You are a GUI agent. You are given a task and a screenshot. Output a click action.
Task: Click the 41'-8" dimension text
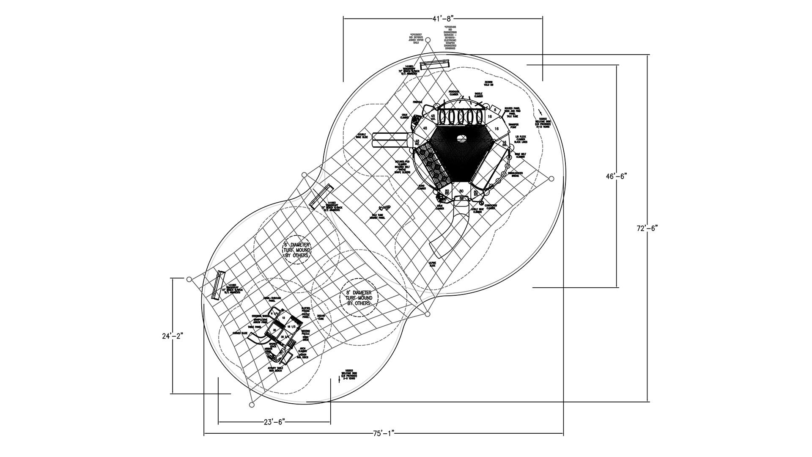pos(443,18)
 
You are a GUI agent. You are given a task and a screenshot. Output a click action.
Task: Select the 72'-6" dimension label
pos(647,228)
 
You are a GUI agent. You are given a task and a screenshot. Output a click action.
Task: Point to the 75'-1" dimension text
pos(384,433)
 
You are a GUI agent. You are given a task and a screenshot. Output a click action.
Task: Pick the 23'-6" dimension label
pos(274,422)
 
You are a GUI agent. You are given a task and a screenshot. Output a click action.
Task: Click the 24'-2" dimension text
pos(173,336)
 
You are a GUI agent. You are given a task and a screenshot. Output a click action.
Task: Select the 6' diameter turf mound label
pos(297,250)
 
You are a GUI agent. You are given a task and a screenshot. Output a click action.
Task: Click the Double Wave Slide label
pos(362,136)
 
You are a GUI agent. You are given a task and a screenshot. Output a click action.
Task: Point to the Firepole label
pos(418,102)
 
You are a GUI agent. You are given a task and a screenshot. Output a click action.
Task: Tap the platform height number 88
pos(461,198)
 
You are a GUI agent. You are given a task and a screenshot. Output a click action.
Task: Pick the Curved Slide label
pos(240,333)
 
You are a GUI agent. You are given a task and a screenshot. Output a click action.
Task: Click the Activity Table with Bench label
pos(275,369)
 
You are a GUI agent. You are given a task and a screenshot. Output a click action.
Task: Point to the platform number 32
pos(274,330)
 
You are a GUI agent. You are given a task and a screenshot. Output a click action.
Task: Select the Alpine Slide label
pos(432,264)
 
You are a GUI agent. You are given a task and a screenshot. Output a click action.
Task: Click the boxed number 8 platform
pos(495,109)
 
